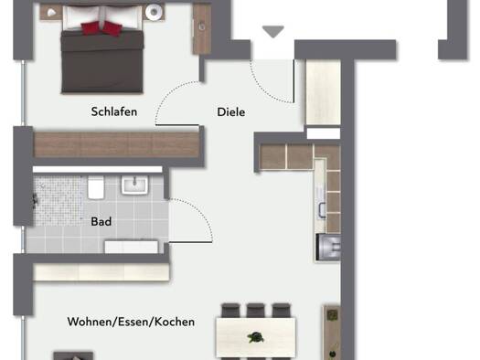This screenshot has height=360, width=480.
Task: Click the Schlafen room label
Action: click(114, 111)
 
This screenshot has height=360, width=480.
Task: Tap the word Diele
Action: click(231, 112)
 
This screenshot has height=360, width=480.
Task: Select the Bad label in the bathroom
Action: click(101, 221)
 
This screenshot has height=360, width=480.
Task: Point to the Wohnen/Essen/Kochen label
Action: click(131, 322)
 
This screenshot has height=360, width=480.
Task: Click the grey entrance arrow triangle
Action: click(273, 31)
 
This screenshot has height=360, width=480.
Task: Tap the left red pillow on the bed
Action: click(91, 28)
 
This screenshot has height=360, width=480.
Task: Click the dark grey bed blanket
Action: click(102, 61)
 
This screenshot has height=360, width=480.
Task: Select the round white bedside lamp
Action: click(154, 12)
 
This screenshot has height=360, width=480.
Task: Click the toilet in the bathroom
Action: click(96, 187)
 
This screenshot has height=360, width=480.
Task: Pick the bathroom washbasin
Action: click(134, 185)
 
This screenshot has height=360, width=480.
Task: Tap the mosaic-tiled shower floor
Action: click(59, 201)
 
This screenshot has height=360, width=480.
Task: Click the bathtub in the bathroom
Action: click(132, 247)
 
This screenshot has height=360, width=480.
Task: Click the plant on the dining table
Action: click(256, 338)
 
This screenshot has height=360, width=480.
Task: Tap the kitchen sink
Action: click(322, 210)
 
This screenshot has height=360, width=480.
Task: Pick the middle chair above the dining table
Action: click(256, 311)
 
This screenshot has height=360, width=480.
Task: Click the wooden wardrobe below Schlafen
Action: click(116, 145)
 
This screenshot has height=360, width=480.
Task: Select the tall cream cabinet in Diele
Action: click(324, 92)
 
